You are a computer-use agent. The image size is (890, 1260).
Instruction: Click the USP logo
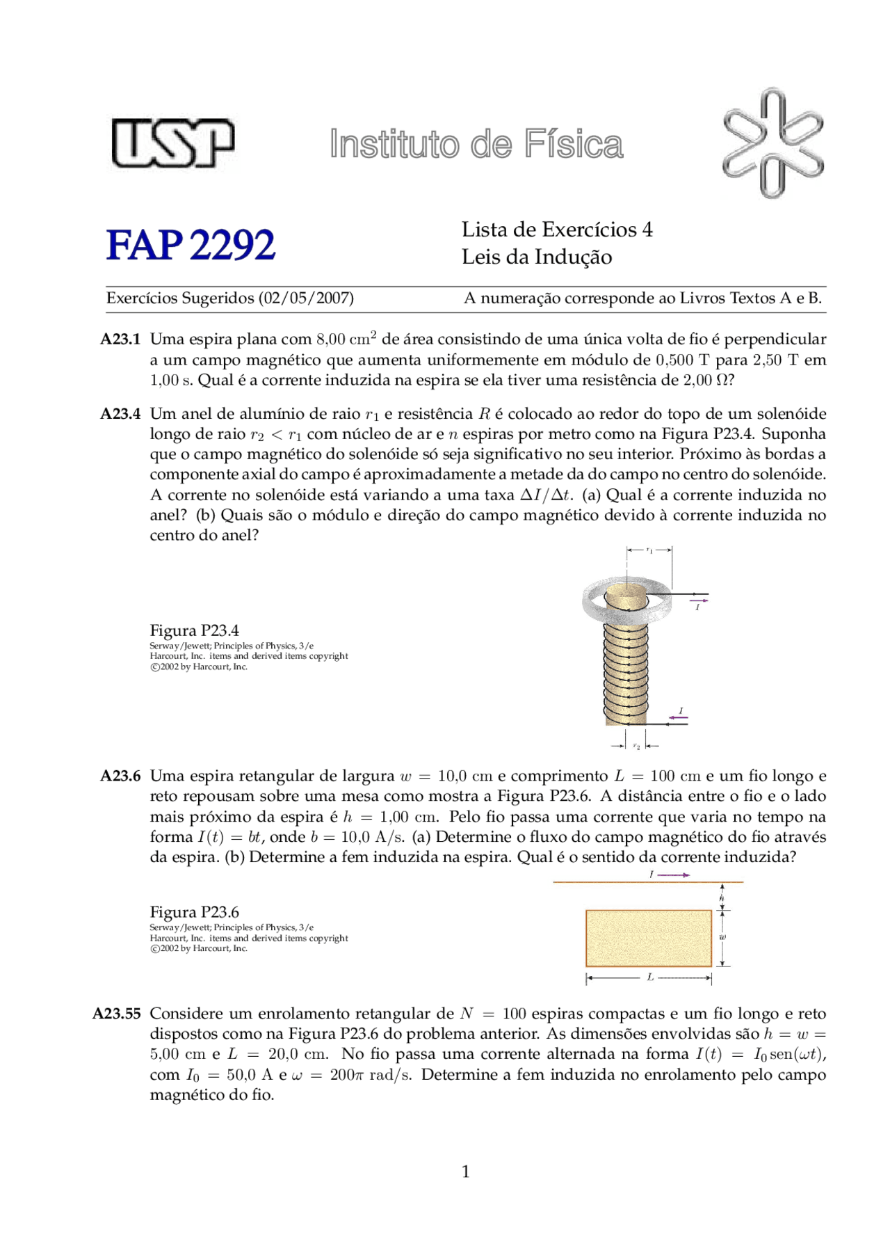pos(172,143)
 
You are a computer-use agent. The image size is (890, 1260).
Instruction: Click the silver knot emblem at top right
pos(772,143)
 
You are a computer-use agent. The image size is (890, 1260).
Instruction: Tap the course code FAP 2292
pos(191,245)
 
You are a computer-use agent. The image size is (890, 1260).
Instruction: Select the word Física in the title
pos(574,145)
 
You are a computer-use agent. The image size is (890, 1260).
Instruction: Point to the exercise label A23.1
pos(120,340)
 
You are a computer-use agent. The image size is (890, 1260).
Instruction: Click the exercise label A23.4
pos(120,414)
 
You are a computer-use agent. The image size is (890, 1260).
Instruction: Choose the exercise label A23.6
pos(120,776)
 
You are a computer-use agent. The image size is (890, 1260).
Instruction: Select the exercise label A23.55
pos(117,1014)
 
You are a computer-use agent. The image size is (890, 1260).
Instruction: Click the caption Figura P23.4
pos(194,630)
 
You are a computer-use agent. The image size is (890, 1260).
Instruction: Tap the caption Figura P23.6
pos(194,912)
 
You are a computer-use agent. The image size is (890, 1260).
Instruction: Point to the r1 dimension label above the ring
pos(649,550)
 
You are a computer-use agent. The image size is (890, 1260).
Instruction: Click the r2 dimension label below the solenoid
pos(636,746)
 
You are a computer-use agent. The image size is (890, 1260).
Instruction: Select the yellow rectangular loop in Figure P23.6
pos(648,938)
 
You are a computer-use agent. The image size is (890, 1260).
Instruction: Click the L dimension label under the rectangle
pos(650,978)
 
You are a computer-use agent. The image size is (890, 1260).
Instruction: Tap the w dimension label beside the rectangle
pos(724,936)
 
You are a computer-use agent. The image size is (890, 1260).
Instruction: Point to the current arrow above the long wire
pos(673,875)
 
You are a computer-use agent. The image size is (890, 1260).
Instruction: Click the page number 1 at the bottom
pos(465,1172)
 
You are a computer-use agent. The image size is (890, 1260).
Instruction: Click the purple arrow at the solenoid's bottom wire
pos(678,717)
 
